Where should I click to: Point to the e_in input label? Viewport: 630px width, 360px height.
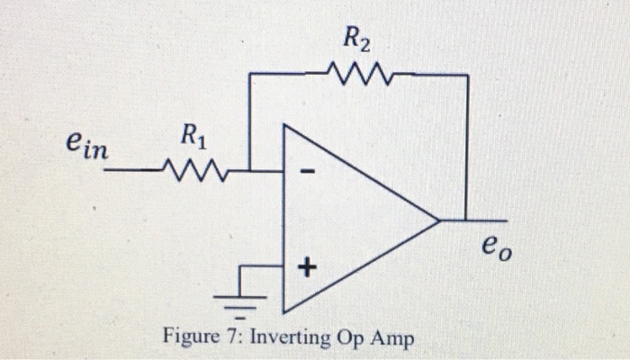[87, 144]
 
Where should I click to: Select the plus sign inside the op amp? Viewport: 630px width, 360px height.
[307, 267]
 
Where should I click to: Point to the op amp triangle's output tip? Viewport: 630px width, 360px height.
[438, 219]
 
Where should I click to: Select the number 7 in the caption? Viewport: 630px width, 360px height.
[233, 338]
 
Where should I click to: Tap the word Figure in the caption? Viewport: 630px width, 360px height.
[193, 338]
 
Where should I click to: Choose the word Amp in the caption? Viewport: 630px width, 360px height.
[392, 339]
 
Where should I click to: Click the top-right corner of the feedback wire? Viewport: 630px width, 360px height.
[467, 76]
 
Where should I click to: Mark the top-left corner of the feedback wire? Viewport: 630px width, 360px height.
[248, 76]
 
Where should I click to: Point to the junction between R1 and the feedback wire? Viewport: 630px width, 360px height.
[248, 168]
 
